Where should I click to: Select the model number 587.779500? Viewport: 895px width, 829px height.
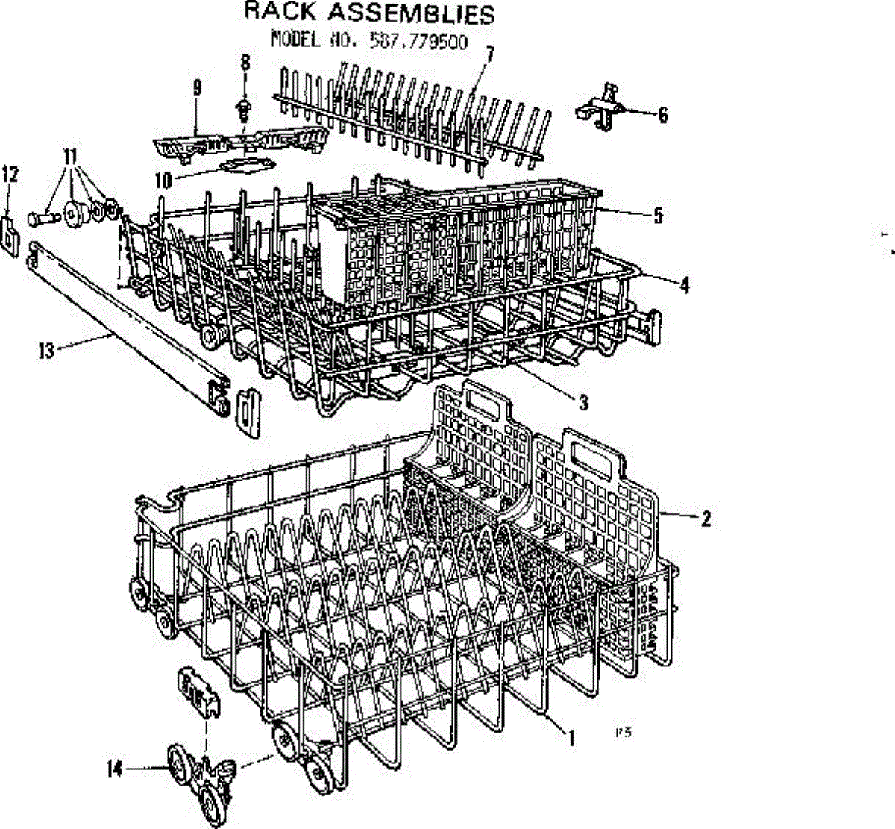coord(418,40)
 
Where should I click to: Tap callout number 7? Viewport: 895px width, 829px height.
coord(489,54)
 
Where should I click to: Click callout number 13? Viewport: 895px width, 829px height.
coord(46,350)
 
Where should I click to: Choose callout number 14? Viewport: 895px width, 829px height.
coord(114,769)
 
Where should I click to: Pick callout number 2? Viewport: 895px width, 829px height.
coord(705,518)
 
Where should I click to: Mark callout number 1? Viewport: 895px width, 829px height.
coord(571,738)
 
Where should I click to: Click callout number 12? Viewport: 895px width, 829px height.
coord(10,175)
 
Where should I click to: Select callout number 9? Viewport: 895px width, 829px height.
coord(197,88)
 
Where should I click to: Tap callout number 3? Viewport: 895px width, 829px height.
coord(583,403)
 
